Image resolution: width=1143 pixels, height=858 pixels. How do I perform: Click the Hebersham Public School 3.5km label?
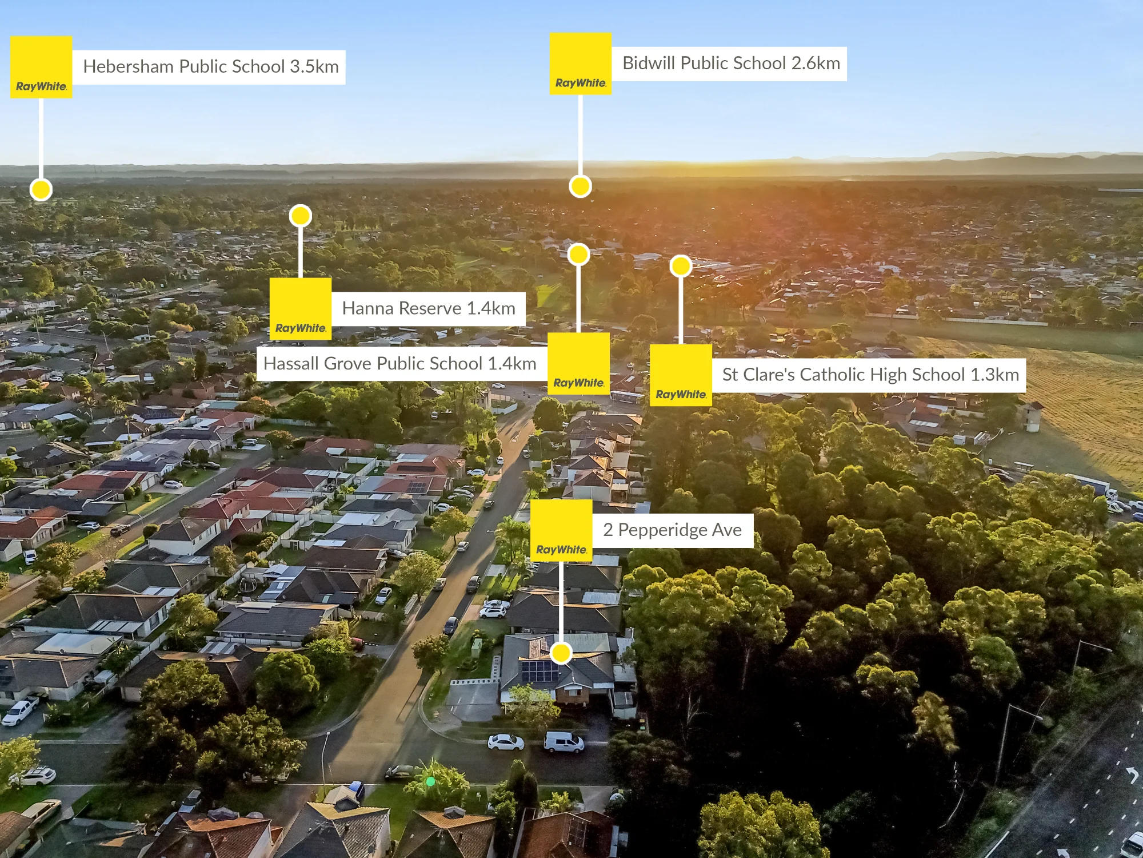coord(210,67)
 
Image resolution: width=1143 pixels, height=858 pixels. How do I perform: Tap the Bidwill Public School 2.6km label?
coord(730,63)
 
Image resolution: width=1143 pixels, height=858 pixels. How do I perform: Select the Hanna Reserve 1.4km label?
coord(429,309)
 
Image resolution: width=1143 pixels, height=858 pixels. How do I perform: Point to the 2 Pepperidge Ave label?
coord(673,531)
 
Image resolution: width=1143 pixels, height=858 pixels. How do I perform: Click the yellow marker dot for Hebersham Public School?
coord(41,189)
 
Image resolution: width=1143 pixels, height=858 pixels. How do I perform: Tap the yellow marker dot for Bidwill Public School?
coord(580,186)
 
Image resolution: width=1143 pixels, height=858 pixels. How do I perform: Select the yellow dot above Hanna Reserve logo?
coord(301,216)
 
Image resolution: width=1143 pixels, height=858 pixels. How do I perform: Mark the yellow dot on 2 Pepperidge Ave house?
coord(561,653)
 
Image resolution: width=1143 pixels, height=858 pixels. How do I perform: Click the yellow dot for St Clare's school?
coord(681,266)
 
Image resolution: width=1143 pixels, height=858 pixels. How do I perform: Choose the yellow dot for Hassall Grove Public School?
coord(578,255)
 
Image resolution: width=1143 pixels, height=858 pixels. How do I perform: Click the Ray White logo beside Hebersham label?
coord(41,67)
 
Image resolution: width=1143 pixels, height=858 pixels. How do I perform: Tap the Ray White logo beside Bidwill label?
coord(581,63)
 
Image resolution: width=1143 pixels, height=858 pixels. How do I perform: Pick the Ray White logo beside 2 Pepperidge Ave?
coord(561,531)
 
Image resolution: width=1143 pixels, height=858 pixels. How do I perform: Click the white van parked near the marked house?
coord(563,742)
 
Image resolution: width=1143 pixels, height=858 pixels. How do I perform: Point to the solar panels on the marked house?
coord(539,670)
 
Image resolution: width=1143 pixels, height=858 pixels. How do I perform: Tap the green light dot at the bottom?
coord(431,781)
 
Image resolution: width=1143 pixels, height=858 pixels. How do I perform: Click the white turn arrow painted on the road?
coord(1131,775)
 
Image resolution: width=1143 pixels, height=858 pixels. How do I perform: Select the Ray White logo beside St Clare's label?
coord(681,375)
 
